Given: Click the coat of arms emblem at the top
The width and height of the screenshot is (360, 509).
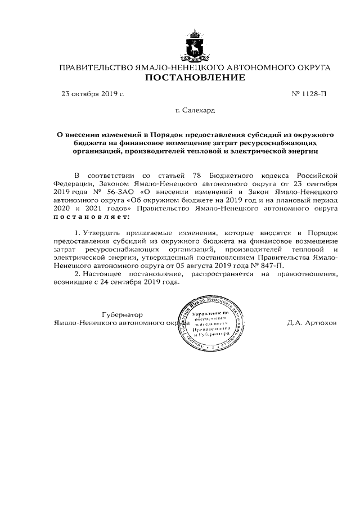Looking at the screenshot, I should click(x=195, y=47).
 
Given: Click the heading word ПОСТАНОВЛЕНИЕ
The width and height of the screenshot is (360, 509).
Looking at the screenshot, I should click(x=195, y=78).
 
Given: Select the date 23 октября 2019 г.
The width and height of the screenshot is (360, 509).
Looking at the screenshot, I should click(x=92, y=94).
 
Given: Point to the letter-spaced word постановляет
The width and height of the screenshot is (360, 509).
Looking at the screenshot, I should click(x=91, y=216).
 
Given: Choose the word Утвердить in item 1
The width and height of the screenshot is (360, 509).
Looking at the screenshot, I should click(x=103, y=232).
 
